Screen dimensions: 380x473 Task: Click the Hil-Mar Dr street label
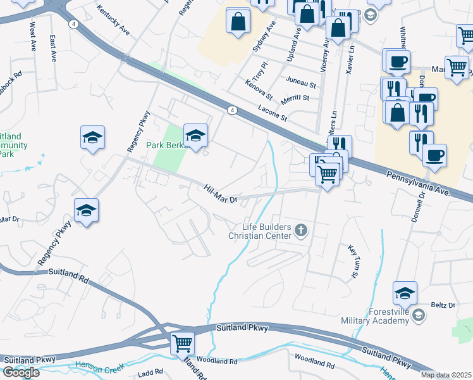221,194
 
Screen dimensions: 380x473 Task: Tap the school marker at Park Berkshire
195,136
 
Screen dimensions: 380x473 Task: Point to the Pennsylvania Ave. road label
417,182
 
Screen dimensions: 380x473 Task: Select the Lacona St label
273,113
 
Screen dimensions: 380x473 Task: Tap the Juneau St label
300,82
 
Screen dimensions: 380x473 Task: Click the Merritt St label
296,98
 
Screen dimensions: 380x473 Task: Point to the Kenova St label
260,89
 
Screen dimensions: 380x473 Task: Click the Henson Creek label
97,365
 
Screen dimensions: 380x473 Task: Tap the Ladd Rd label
150,374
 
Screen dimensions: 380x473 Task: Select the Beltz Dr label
443,305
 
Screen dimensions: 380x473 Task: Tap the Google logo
21,372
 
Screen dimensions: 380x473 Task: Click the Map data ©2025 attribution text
446,375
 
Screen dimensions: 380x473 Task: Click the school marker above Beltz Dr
405,293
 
